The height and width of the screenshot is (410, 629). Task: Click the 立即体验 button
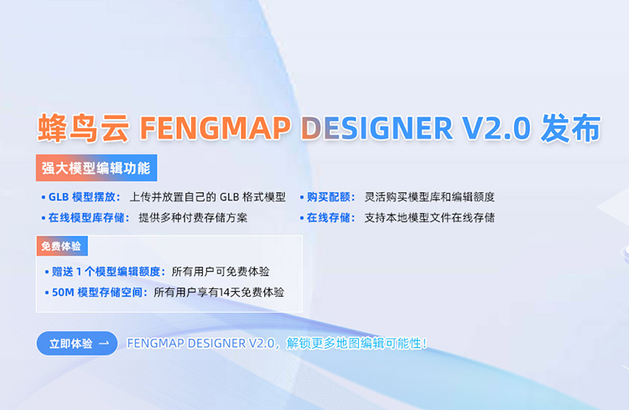(x=77, y=344)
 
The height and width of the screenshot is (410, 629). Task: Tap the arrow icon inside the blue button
(x=104, y=344)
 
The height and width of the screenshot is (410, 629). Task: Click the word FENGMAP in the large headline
(x=215, y=128)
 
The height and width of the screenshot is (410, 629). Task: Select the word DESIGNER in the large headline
(x=377, y=128)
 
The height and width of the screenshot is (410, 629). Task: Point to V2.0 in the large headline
(x=496, y=128)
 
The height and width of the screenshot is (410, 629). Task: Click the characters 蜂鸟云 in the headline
(x=83, y=128)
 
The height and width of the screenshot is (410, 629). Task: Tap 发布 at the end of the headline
(x=570, y=128)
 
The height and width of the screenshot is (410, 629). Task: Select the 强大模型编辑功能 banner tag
(x=96, y=168)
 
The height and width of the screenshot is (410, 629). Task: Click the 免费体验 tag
(x=62, y=246)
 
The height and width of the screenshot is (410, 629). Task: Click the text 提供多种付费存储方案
(x=193, y=218)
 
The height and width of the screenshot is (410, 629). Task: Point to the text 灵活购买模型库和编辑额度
(x=429, y=197)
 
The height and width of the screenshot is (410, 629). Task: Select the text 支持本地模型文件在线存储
(x=429, y=218)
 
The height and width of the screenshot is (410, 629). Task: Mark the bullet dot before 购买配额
(x=302, y=197)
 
